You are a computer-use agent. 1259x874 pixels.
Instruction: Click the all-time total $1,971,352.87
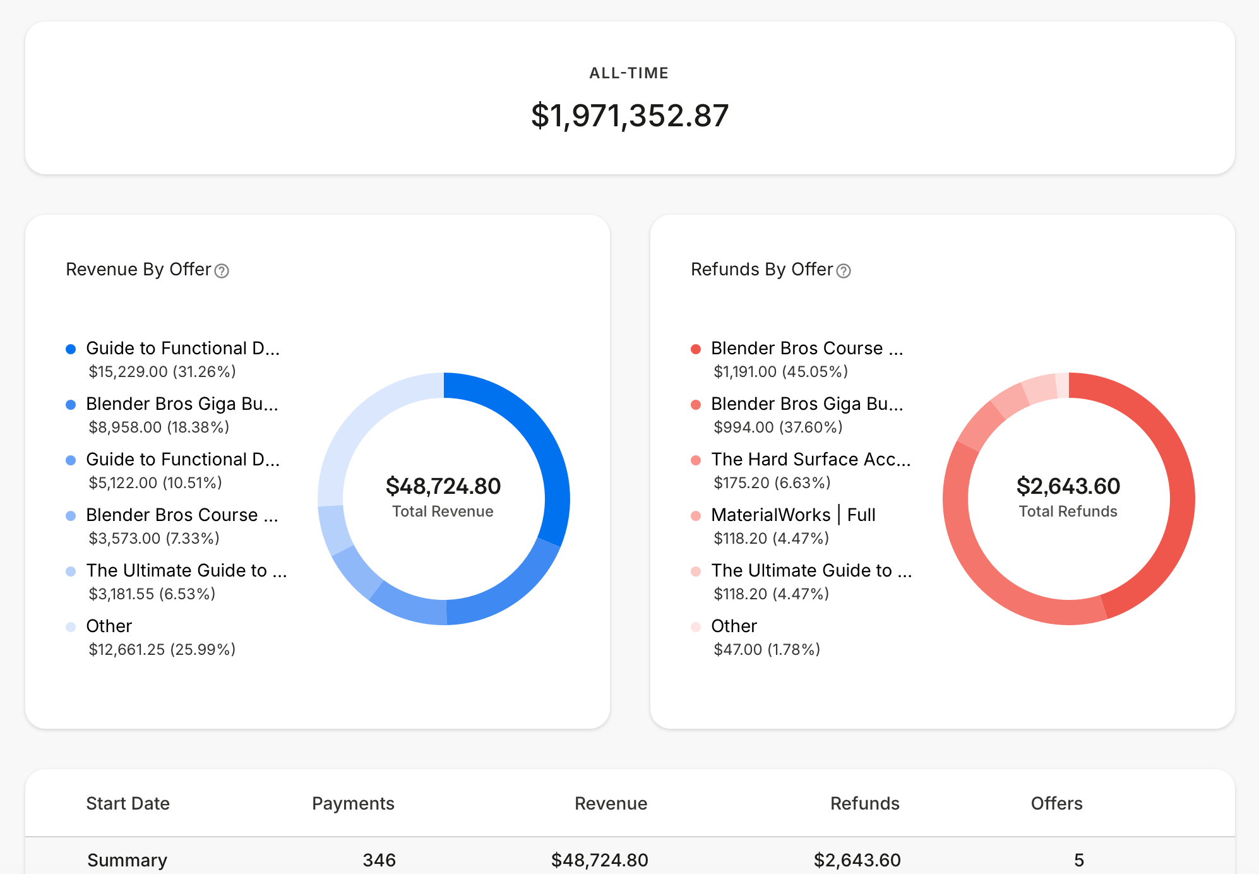tap(629, 116)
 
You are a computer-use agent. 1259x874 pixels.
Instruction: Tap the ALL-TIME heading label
tap(629, 73)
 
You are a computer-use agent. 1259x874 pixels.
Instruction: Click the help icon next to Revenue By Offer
tap(222, 271)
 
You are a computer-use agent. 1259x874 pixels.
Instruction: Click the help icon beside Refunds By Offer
tap(844, 271)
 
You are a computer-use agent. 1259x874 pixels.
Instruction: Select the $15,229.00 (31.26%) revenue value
tap(162, 372)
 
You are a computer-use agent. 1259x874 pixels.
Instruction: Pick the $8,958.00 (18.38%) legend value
tap(158, 428)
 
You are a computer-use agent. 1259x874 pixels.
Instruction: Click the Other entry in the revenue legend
tap(109, 626)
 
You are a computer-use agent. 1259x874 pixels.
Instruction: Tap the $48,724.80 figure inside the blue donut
tap(443, 486)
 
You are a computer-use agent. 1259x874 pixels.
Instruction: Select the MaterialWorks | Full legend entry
tap(793, 515)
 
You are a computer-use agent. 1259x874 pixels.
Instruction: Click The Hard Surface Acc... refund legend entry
tap(811, 459)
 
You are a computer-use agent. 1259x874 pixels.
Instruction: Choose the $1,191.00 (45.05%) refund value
tap(780, 372)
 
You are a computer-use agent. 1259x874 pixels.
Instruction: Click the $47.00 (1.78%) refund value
tap(767, 650)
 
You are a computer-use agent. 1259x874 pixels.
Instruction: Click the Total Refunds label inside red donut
tap(1068, 512)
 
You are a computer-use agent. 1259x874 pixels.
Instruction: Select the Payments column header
tap(353, 803)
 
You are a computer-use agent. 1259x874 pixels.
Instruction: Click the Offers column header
tap(1056, 803)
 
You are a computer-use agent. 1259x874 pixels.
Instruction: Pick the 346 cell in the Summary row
tap(379, 860)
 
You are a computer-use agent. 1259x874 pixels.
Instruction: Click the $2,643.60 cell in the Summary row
tap(857, 860)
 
